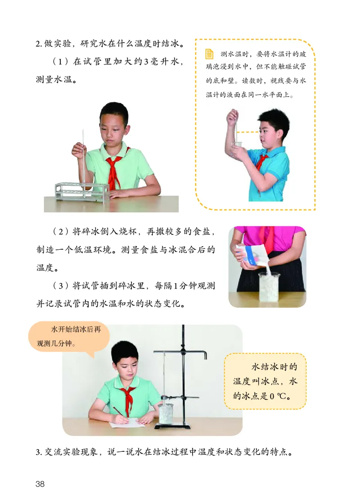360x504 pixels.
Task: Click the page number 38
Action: (40, 484)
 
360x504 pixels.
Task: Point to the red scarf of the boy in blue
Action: (263, 161)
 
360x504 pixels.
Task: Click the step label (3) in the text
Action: (62, 286)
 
